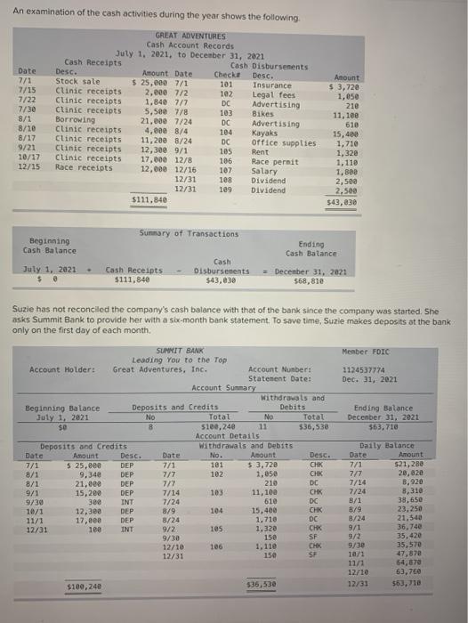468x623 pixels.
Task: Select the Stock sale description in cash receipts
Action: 79,80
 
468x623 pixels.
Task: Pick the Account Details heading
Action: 225,437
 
